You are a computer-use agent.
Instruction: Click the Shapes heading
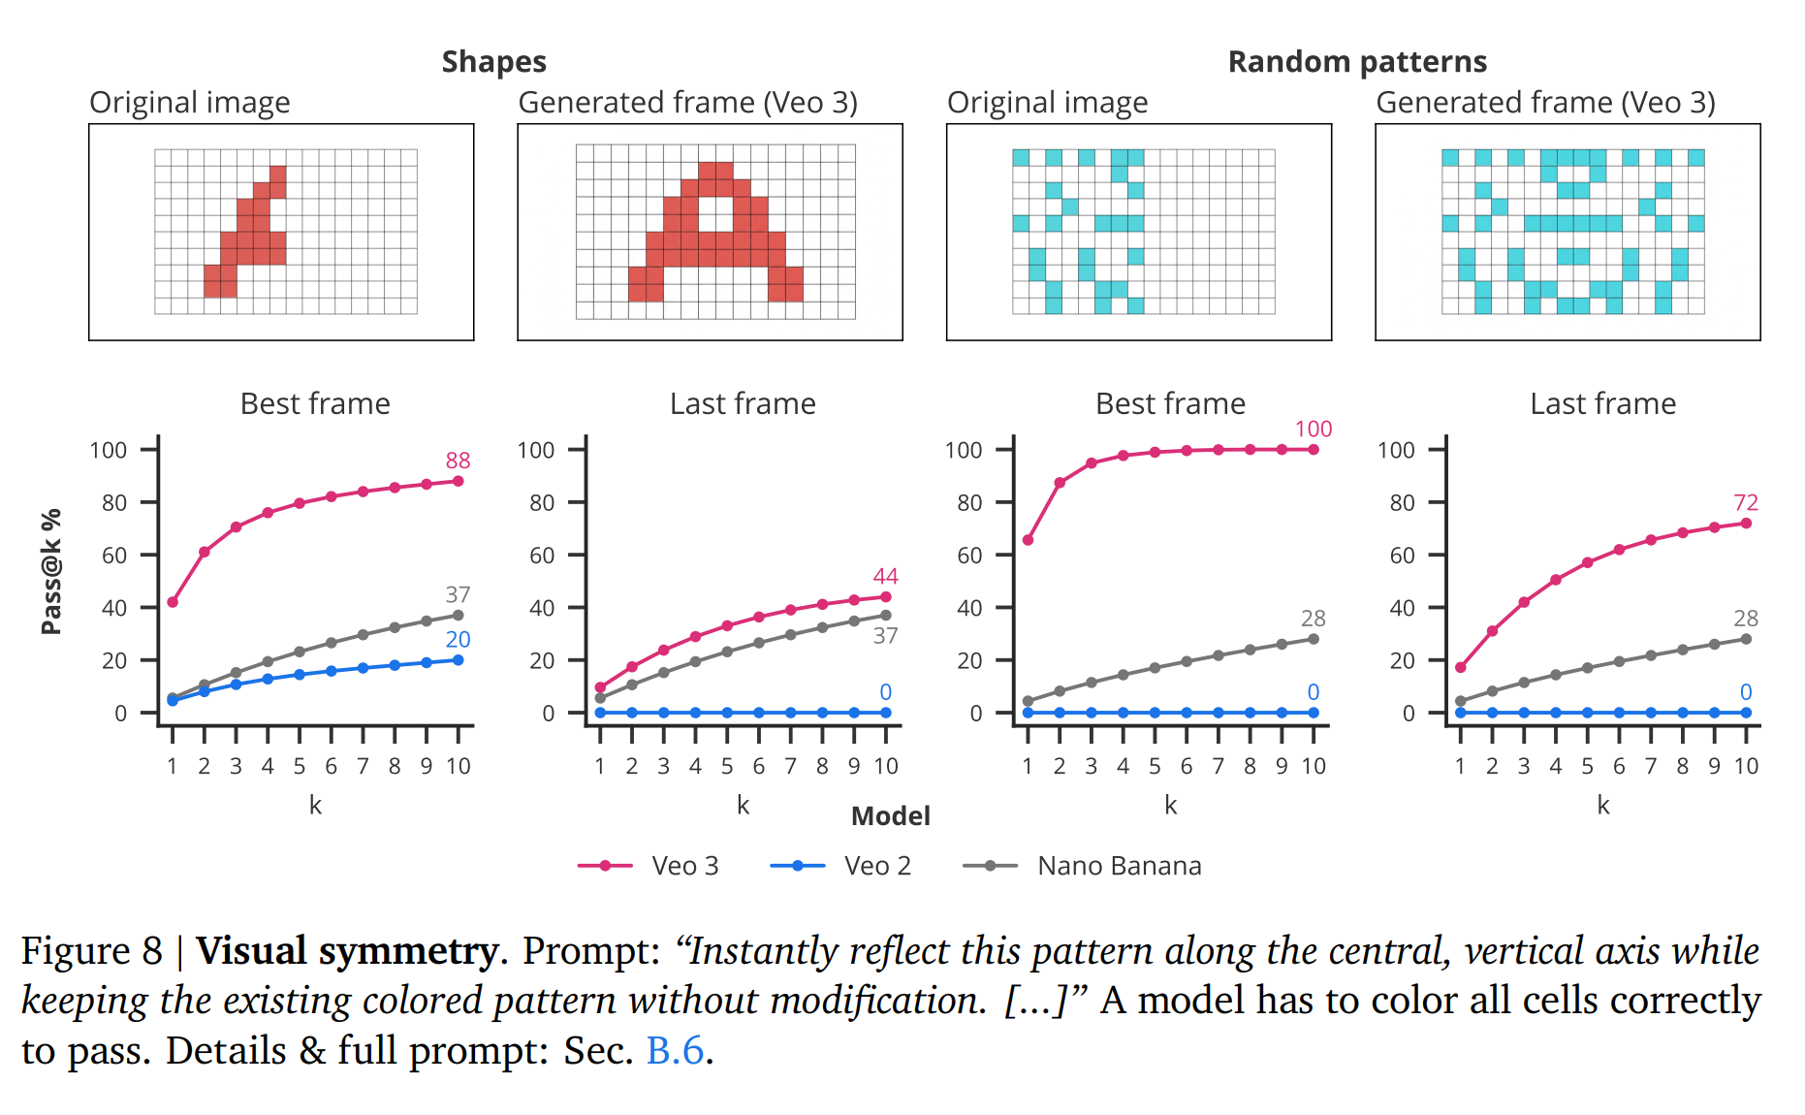click(493, 62)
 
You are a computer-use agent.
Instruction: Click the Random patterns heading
click(1356, 62)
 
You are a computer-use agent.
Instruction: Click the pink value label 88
click(458, 461)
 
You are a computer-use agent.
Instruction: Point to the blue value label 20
click(458, 640)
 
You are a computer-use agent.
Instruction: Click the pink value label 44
click(885, 577)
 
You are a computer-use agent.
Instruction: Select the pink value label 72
click(1745, 502)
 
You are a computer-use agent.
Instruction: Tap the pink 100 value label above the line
click(1313, 429)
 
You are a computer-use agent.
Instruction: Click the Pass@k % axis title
click(51, 572)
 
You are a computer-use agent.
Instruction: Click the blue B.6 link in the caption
click(675, 1051)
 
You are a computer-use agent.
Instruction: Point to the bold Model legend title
click(890, 816)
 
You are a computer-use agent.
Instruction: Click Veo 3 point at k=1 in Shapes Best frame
click(173, 602)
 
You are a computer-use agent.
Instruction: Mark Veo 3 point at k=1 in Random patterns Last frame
click(1460, 667)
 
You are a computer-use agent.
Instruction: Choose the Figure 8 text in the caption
click(92, 951)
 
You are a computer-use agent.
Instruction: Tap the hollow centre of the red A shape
click(715, 213)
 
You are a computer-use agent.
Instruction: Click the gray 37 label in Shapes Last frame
click(885, 636)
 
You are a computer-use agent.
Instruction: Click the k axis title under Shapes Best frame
click(315, 805)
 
